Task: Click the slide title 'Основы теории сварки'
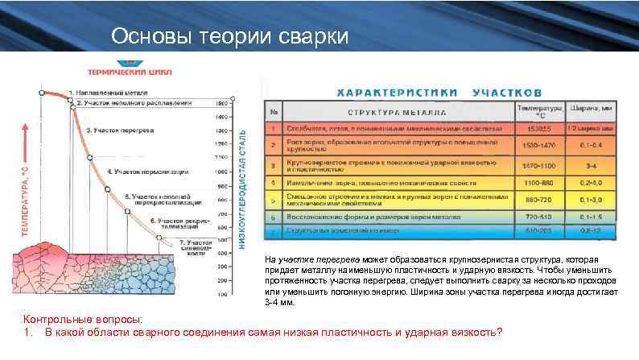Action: click(229, 37)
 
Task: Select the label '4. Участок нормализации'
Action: click(148, 172)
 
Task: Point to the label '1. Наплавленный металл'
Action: click(109, 93)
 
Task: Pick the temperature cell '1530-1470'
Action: click(538, 145)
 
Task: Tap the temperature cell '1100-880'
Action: click(538, 182)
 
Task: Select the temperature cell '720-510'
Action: click(538, 217)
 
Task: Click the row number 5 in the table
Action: click(274, 200)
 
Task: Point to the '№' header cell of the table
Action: click(274, 111)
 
